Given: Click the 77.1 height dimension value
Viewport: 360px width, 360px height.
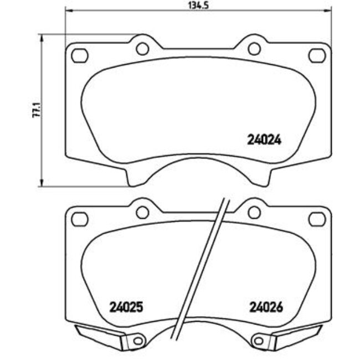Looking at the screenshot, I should (x=35, y=110).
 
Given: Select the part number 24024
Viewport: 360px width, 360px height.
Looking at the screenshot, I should (x=264, y=140).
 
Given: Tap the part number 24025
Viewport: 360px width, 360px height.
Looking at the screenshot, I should (x=127, y=306).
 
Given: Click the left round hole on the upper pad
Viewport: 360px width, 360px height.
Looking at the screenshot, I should (x=142, y=49).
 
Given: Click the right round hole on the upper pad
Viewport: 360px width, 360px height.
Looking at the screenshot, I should (x=254, y=49).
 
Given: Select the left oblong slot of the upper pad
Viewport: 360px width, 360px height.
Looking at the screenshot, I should (x=81, y=55).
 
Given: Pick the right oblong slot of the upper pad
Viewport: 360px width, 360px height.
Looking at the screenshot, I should (x=316, y=55).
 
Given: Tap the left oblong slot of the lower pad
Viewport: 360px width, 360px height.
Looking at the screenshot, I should (x=81, y=219).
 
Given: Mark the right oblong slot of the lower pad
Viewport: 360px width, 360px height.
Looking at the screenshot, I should (x=316, y=219).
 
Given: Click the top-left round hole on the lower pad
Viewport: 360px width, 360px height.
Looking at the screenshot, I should (x=142, y=212).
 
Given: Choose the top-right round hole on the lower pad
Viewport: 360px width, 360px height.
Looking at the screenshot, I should (x=254, y=212).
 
